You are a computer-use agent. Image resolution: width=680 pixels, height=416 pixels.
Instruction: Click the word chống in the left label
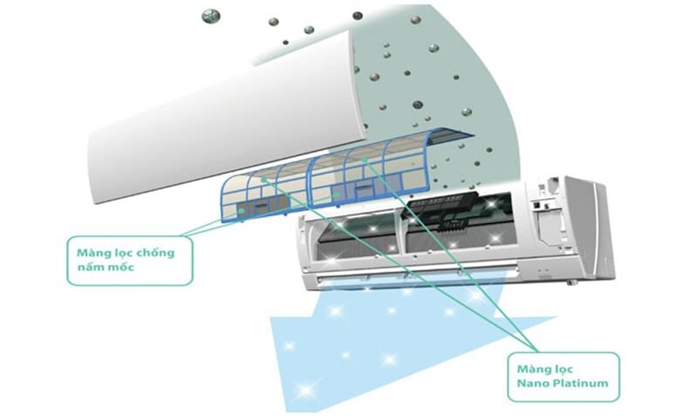(153, 253)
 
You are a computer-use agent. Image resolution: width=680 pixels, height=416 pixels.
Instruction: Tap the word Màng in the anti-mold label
(87, 253)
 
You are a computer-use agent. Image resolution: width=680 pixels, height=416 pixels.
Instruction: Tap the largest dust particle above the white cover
(208, 16)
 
